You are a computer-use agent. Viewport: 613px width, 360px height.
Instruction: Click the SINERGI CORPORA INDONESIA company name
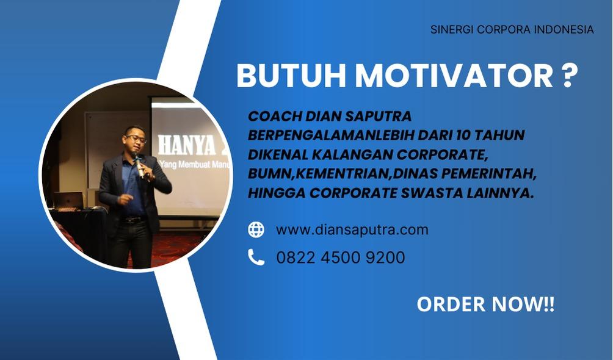point(512,29)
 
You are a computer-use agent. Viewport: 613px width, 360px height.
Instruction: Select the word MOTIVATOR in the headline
point(454,76)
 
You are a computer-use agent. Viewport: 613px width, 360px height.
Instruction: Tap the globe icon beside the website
point(256,229)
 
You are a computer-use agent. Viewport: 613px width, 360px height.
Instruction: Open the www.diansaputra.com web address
point(352,229)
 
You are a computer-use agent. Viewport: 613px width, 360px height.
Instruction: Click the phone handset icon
point(256,257)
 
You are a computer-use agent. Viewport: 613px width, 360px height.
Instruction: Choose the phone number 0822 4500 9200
point(341,257)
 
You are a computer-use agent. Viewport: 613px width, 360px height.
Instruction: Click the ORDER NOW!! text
point(485,304)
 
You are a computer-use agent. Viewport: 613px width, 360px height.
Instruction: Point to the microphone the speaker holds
point(139,165)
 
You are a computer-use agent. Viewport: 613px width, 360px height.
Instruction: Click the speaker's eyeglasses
point(136,139)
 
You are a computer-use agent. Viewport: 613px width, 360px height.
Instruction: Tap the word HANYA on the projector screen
point(186,146)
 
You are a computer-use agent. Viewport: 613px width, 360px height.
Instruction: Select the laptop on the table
point(68,200)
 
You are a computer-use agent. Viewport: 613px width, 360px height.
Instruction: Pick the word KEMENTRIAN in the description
point(343,173)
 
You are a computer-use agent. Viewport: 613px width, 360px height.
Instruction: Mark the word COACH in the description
point(274,116)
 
